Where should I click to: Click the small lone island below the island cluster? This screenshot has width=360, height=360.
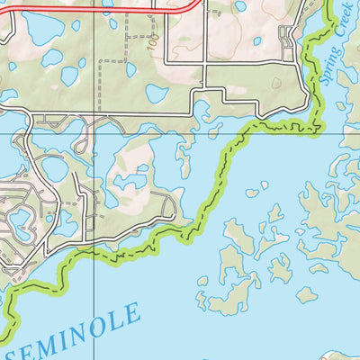coord(307,294)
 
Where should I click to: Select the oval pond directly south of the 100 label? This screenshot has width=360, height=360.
coord(157,94)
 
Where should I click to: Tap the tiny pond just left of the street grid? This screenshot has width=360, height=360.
coord(257,40)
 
